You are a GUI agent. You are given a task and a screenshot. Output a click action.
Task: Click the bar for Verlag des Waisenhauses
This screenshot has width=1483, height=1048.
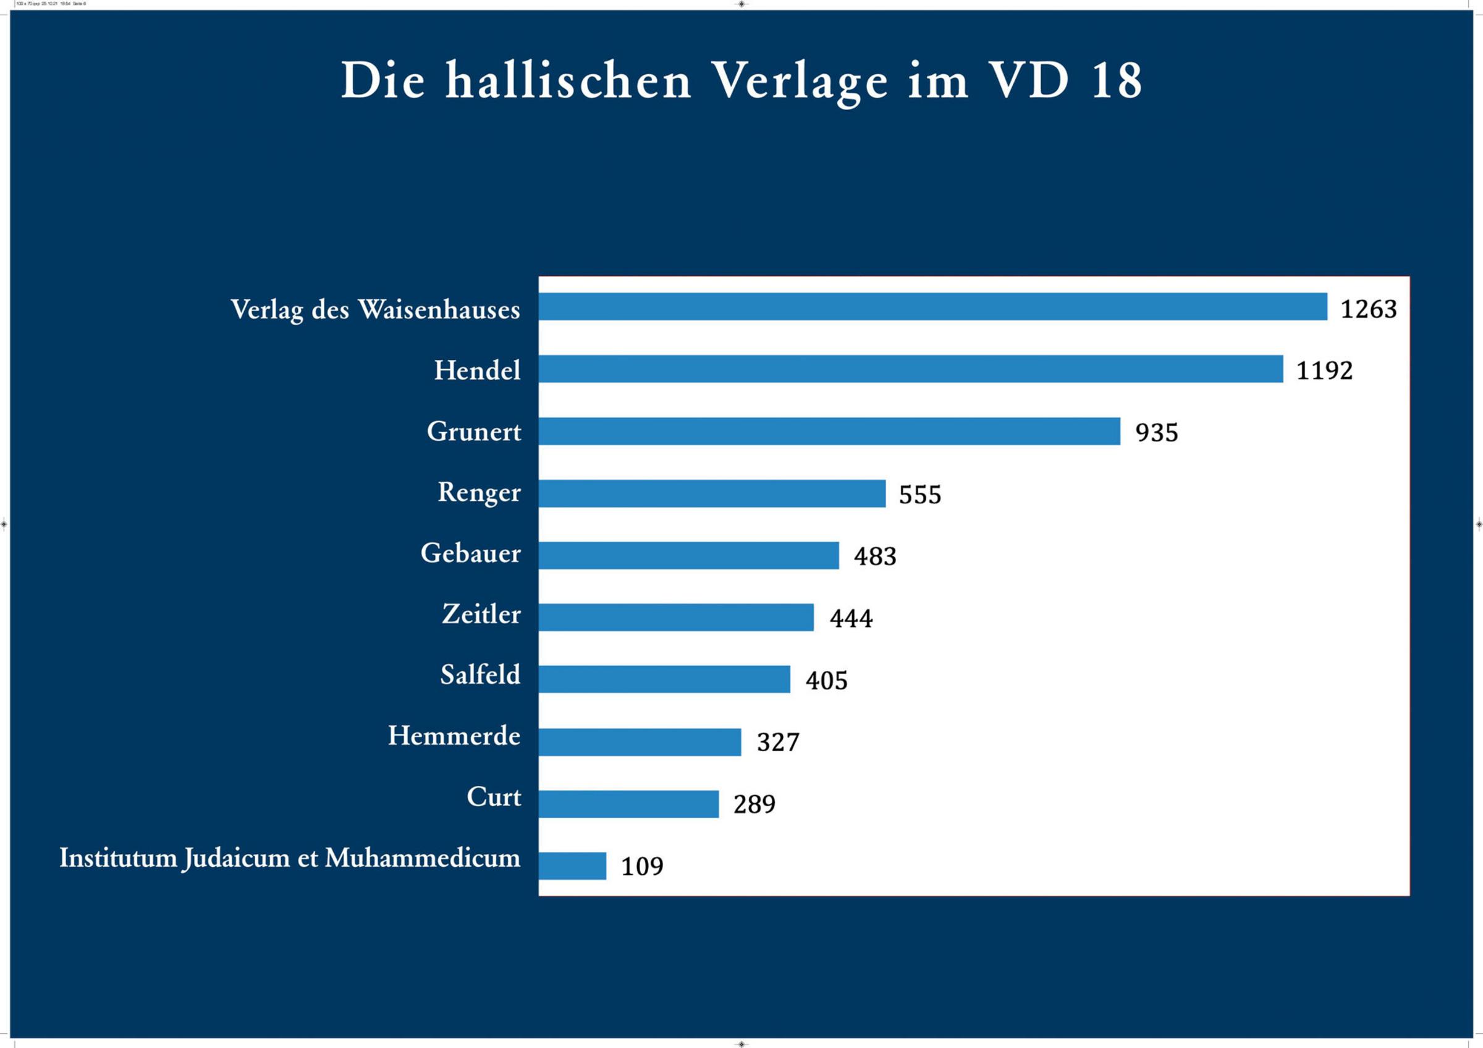click(932, 306)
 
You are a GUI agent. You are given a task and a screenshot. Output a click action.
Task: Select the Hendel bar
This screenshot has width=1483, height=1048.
click(911, 369)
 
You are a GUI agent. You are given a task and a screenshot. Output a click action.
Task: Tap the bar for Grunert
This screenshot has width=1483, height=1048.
click(829, 431)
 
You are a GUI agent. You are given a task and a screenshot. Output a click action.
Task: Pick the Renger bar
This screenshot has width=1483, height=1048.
click(712, 493)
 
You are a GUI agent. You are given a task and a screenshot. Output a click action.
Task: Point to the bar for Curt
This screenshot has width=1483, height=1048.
click(628, 804)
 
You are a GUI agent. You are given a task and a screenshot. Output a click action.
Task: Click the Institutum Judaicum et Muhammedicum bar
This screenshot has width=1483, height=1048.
click(572, 866)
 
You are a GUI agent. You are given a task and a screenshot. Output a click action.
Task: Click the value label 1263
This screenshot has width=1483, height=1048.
click(1368, 309)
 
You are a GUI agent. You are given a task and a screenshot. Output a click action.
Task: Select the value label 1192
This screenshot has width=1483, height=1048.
click(1324, 371)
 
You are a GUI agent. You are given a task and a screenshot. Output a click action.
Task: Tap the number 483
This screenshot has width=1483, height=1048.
click(874, 556)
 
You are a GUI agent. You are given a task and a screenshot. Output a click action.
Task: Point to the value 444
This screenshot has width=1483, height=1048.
click(851, 618)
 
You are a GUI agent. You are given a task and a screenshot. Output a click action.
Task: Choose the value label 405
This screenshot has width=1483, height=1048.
click(826, 680)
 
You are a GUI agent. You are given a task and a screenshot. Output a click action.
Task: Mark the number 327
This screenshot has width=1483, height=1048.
click(778, 743)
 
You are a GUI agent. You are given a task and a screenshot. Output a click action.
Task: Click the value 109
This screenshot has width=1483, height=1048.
click(642, 866)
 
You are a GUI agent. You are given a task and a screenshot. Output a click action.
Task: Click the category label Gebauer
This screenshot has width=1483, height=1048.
click(470, 553)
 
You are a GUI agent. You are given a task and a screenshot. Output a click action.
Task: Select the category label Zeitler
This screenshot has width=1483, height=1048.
click(481, 614)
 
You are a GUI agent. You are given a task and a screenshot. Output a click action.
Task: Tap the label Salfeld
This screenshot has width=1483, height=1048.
click(480, 675)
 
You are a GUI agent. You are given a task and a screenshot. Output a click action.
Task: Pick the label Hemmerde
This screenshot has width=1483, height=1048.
click(454, 736)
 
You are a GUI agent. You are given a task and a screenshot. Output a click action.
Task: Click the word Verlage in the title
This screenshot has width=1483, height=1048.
click(800, 83)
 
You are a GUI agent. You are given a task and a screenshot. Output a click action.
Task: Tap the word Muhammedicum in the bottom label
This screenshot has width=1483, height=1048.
click(423, 858)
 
